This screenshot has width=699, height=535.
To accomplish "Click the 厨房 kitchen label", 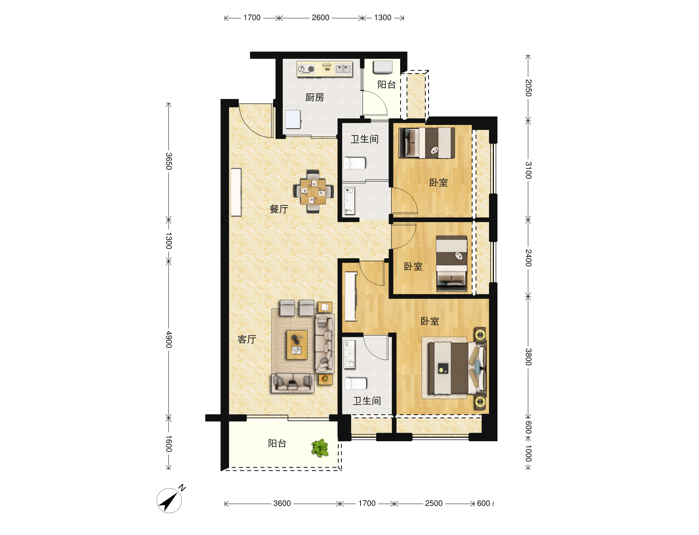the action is coord(314,97).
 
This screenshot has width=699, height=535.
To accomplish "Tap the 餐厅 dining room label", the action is coord(279,209).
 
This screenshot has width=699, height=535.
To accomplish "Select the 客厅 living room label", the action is coord(247,339).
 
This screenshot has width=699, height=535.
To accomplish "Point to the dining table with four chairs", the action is coord(313,191).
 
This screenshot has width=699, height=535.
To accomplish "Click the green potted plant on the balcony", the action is coord(320,448).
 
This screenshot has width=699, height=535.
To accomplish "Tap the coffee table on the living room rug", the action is coord(297,345).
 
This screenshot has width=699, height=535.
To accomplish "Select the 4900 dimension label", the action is coord(169,340).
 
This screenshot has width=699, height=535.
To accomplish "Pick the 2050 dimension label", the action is coord(528,88).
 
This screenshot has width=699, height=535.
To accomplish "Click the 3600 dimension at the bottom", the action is coord(282,503).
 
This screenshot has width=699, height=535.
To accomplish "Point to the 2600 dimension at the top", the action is coord(320,17).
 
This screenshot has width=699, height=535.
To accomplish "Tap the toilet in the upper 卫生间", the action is coord(354,163).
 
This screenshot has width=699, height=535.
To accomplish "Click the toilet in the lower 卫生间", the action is coord(356,384).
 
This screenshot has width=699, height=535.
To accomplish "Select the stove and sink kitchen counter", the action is coord(324,69).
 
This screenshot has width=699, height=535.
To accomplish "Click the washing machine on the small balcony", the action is coord(383,67).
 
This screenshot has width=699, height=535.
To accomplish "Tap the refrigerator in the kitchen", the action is coord(293,119).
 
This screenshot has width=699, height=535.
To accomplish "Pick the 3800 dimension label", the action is coord(528,357).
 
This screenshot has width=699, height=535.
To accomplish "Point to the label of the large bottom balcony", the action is coord(277,443).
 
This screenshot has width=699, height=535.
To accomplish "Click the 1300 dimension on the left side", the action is coord(169,241).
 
